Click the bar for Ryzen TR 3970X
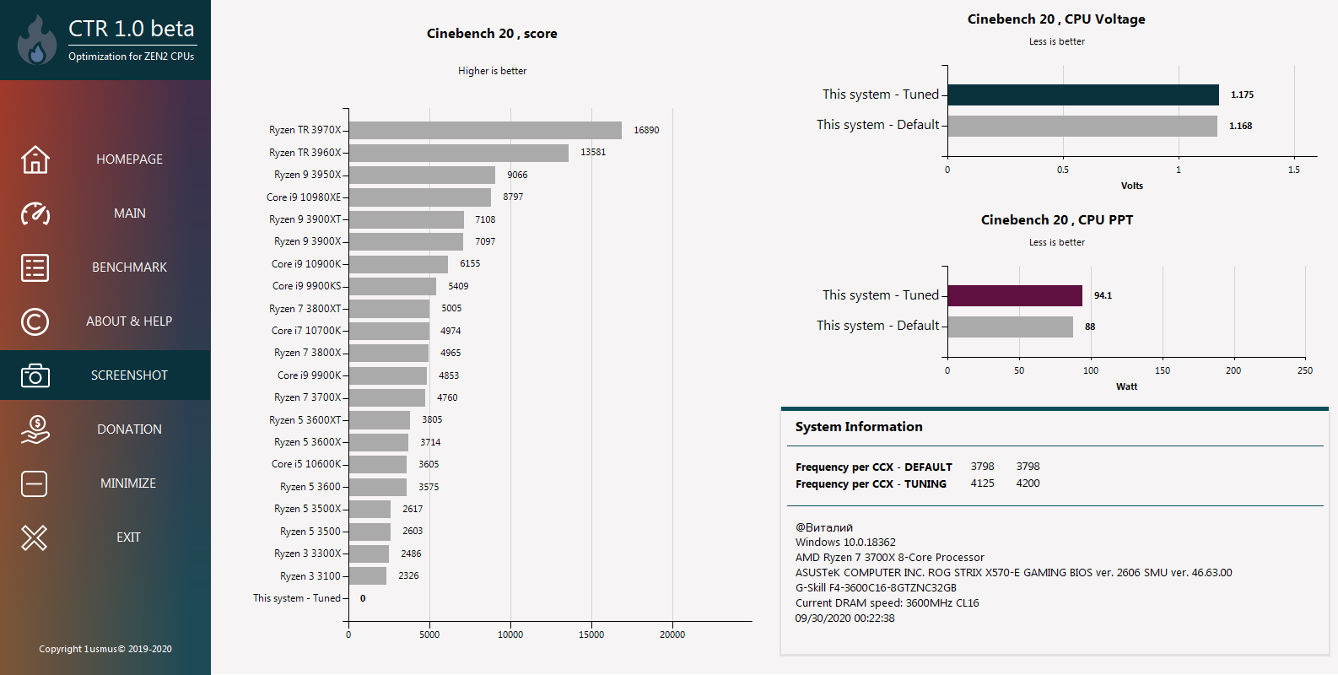(485, 130)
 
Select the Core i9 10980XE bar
(420, 197)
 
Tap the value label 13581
(593, 153)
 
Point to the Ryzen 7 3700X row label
(307, 397)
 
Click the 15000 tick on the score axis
(591, 634)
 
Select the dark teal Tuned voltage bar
(1083, 95)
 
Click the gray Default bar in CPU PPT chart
(1010, 327)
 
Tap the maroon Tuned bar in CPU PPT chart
(1015, 295)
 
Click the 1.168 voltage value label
(1241, 126)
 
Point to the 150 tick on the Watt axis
(1163, 370)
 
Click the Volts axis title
(1132, 186)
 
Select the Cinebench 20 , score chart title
(492, 34)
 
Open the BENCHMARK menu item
(130, 267)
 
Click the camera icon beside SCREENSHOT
(35, 375)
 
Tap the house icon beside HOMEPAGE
(35, 159)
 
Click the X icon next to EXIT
(34, 537)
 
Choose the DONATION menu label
(130, 429)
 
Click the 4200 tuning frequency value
(1028, 483)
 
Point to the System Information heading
(859, 426)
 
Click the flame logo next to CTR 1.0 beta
(37, 40)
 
